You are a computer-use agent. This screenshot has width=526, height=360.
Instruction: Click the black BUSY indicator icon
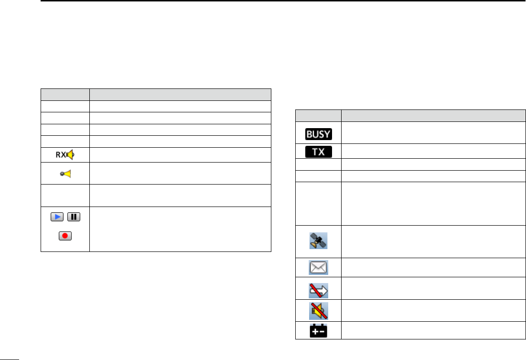(318, 133)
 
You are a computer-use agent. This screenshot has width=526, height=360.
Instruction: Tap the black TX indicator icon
(318, 152)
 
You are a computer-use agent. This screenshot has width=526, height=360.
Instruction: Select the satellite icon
(318, 240)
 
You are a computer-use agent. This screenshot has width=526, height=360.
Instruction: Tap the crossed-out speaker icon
(318, 311)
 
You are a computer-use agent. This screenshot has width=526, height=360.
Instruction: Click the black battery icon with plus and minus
(318, 330)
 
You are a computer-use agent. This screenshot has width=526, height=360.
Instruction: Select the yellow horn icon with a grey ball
(65, 174)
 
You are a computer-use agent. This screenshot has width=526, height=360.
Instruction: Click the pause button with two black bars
(74, 218)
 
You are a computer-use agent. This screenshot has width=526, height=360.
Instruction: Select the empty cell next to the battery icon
(430, 330)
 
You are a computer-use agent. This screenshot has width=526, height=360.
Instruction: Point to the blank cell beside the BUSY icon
(430, 133)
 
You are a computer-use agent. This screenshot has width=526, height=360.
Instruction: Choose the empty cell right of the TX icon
(430, 152)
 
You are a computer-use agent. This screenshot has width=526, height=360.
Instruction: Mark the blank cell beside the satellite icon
(430, 240)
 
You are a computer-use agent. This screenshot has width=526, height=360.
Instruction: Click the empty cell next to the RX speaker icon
(180, 155)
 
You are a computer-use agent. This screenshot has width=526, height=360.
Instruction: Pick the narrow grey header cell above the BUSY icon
(318, 116)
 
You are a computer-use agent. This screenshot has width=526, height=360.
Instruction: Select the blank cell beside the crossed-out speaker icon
(430, 311)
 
